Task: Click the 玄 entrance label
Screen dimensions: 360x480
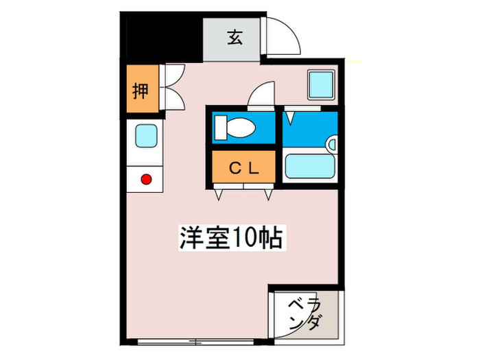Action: click(235, 38)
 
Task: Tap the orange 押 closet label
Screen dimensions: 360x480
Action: click(140, 90)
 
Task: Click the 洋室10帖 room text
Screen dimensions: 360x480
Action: click(232, 239)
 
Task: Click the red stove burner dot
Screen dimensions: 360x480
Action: click(145, 180)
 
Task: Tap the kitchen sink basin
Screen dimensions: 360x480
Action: click(145, 136)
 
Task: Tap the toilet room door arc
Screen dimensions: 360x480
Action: click(263, 95)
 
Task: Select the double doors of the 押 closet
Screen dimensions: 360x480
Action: click(173, 86)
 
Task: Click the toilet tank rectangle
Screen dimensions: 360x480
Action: click(219, 127)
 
